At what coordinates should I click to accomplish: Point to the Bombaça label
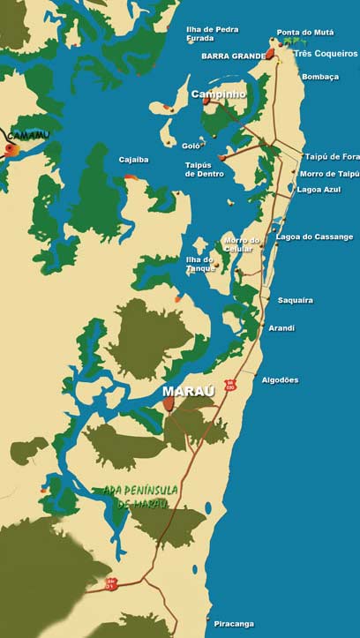320,77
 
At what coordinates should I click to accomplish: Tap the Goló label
191,145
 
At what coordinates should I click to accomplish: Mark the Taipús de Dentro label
204,169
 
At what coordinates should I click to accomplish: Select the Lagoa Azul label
319,190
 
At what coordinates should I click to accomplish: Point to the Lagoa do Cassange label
314,236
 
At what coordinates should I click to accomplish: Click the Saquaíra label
296,300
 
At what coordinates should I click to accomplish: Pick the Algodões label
280,380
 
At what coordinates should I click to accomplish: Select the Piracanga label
234,624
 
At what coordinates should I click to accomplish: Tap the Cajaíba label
134,160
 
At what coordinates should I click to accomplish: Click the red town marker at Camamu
11,150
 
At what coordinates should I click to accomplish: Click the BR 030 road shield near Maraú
229,386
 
